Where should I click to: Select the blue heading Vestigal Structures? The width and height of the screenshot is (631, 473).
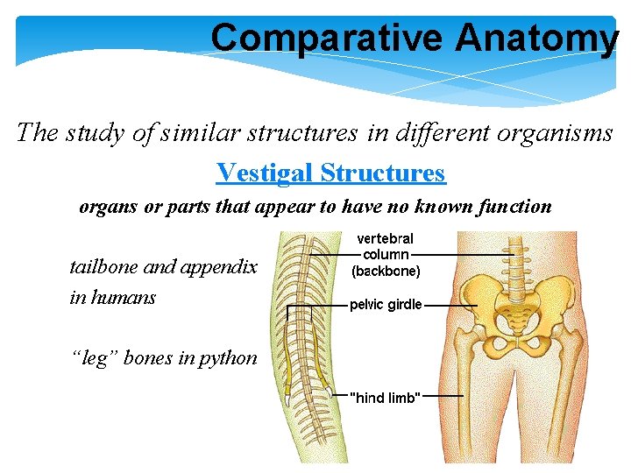(330, 173)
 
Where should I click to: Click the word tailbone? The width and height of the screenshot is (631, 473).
(105, 266)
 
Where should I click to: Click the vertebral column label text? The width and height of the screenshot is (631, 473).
(386, 246)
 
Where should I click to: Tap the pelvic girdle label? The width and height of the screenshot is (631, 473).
(386, 305)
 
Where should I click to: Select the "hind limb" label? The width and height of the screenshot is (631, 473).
(386, 398)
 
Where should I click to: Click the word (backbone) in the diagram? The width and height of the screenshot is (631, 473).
(386, 272)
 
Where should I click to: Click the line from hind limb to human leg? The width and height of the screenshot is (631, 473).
(443, 396)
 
